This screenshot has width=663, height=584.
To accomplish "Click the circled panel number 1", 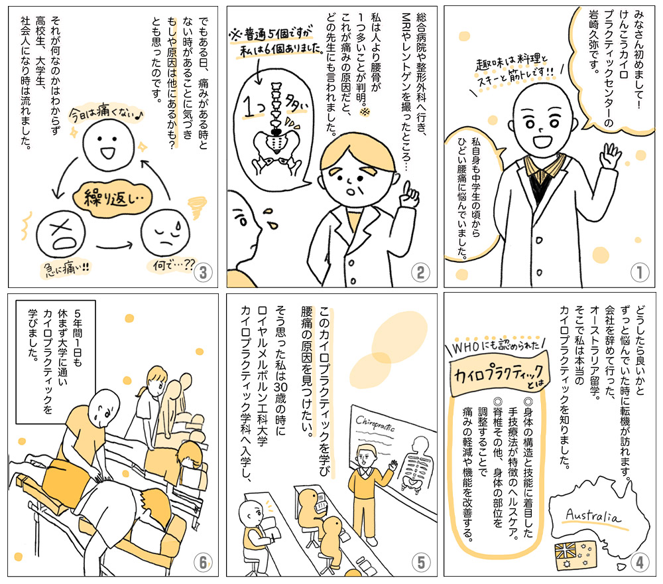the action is pyautogui.click(x=639, y=272).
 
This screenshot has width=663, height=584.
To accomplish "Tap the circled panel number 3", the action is pyautogui.click(x=204, y=273).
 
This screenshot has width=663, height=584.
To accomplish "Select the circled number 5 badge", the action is pyautogui.click(x=421, y=562).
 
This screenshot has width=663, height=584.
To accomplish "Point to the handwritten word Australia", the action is pyautogui.click(x=593, y=516).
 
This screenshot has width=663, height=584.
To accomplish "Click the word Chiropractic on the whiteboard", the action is pyautogui.click(x=375, y=423).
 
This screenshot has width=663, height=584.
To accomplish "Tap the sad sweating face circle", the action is pyautogui.click(x=165, y=233).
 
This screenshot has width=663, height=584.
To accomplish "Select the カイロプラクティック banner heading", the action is pyautogui.click(x=499, y=374).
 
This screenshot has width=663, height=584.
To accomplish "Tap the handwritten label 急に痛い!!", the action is pyautogui.click(x=66, y=268).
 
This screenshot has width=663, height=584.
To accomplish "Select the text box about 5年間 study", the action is pyautogui.click(x=56, y=362).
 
